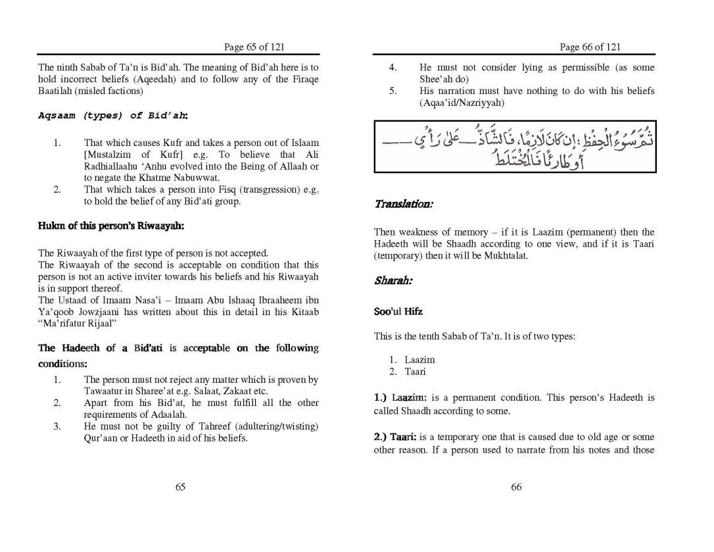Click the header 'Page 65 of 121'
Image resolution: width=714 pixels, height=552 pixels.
[x=254, y=47]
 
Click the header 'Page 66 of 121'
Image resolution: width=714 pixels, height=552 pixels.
[x=589, y=47]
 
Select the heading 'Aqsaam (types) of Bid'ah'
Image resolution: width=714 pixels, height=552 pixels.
[x=112, y=115]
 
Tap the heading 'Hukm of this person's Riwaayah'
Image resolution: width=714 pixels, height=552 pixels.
[x=111, y=226]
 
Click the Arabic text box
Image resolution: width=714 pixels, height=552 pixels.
[x=514, y=147]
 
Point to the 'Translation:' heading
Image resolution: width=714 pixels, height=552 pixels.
[x=403, y=205]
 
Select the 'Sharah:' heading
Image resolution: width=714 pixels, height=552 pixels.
[x=393, y=281]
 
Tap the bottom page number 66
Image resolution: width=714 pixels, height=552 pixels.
[x=516, y=487]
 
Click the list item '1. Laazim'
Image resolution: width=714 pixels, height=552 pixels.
[x=412, y=360]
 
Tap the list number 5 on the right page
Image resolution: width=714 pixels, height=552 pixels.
[x=393, y=91]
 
